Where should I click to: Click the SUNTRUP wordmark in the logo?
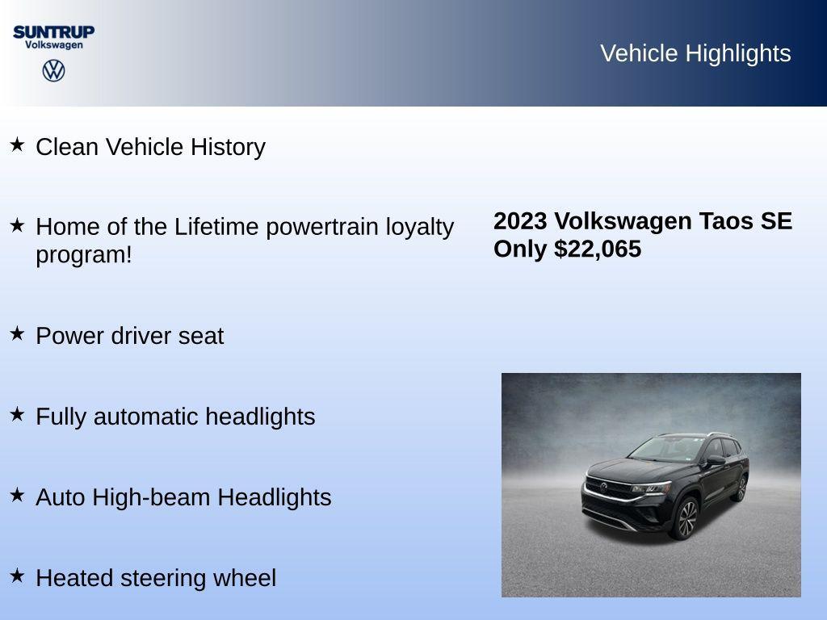tap(53, 31)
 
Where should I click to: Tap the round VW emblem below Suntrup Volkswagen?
tap(53, 70)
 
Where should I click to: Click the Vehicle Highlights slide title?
tap(695, 53)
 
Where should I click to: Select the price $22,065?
tap(598, 249)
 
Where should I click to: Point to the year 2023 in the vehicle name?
tap(520, 221)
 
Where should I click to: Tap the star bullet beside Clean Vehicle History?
tap(17, 145)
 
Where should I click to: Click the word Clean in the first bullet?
tap(68, 147)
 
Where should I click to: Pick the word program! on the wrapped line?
tap(83, 255)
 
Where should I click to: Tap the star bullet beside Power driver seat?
tap(17, 333)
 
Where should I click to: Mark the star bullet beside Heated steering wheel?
tap(17, 576)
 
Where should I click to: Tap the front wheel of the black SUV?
tap(686, 518)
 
